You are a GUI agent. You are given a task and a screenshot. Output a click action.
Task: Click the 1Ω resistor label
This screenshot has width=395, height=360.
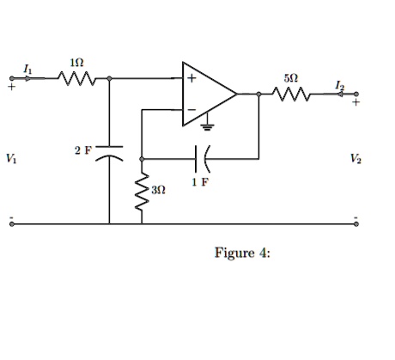76,64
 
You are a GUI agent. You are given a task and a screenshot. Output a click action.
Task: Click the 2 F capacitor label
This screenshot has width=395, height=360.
82,151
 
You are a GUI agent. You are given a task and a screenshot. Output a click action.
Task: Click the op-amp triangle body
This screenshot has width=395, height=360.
206,94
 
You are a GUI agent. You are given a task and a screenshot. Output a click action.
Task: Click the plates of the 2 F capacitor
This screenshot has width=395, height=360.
110,158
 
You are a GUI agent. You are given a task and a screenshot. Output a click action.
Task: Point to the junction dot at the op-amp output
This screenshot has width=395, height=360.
258,95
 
